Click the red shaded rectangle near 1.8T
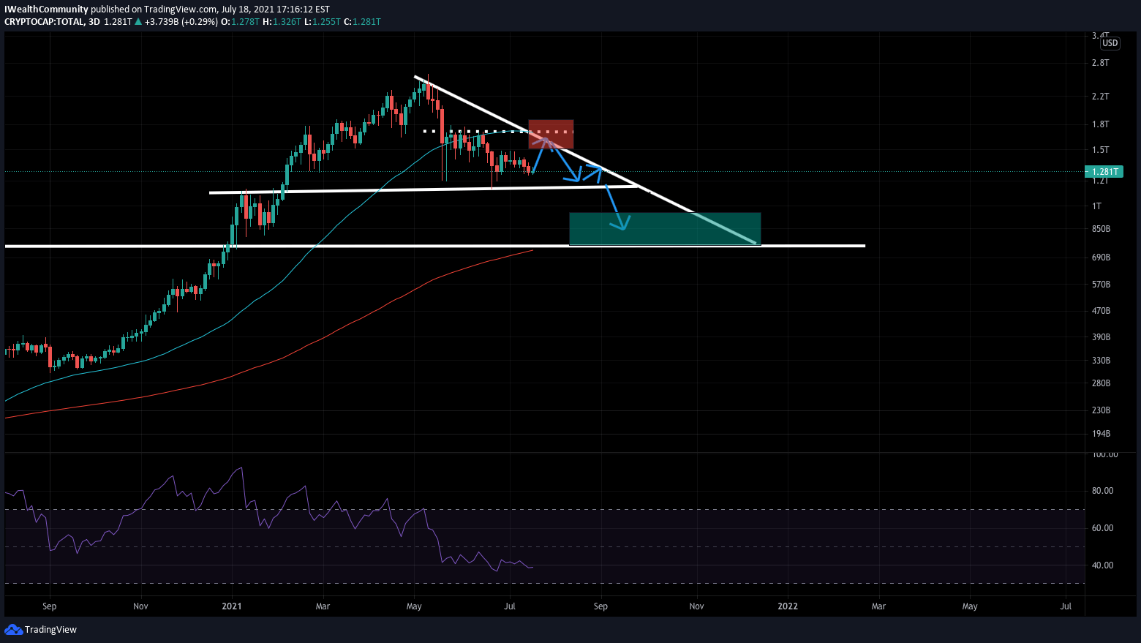551,134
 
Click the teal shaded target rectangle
664,228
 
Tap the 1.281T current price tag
1103,172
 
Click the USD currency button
1110,43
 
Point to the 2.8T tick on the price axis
1100,63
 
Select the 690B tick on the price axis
1101,257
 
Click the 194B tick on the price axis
1101,435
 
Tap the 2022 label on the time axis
788,606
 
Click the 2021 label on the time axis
232,606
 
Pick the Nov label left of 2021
141,606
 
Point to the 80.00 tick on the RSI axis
1102,491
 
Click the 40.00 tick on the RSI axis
1102,565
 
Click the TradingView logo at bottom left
41,630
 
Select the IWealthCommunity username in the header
46,10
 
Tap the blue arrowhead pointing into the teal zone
622,225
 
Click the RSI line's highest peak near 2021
241,468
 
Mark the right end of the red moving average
532,251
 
